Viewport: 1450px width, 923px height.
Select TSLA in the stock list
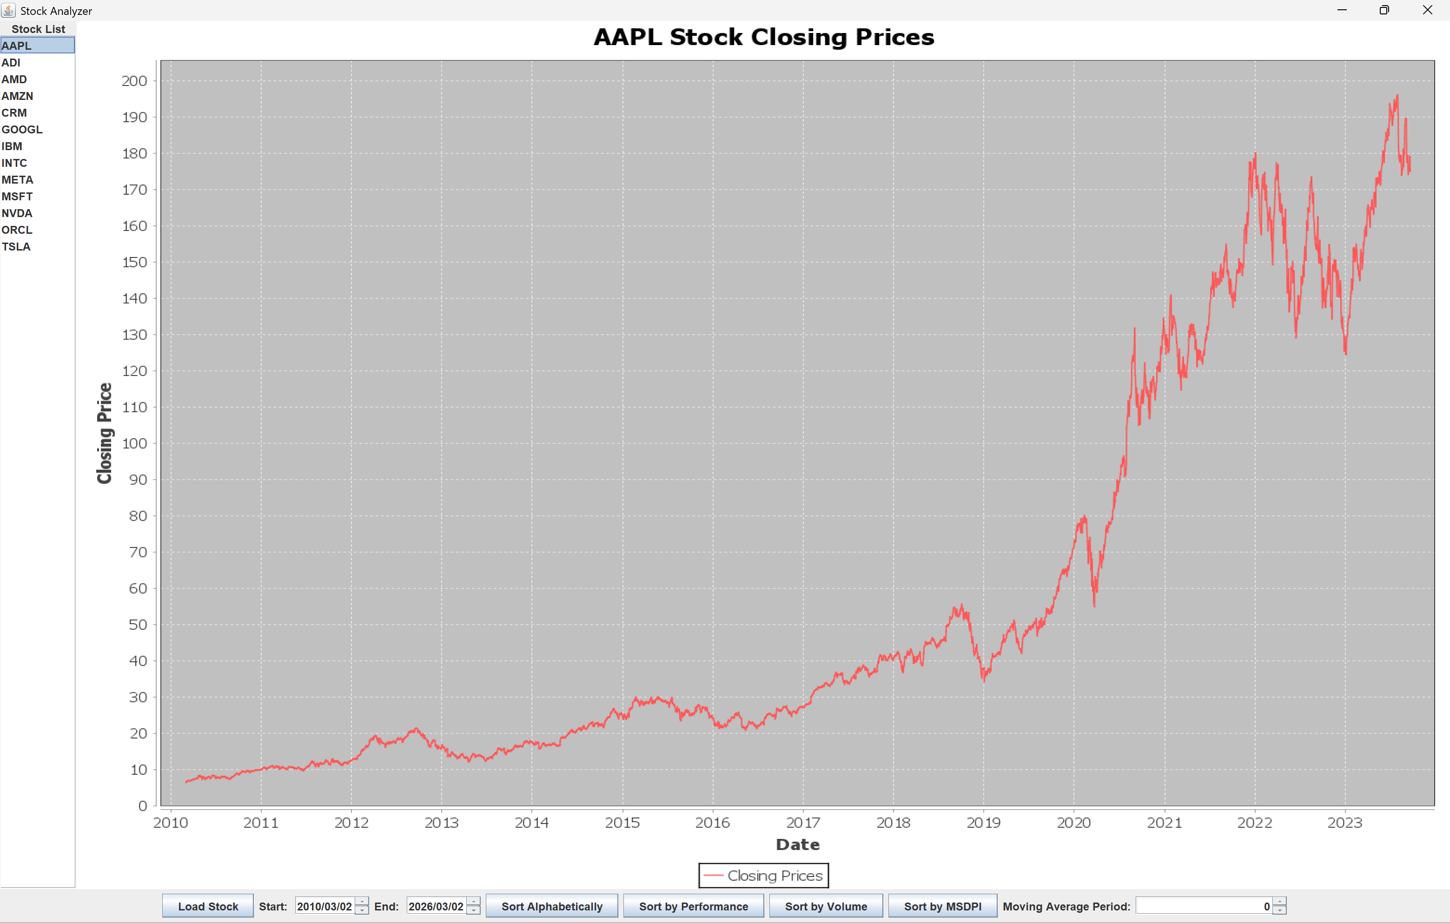16,247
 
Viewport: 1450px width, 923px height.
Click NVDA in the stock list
17,213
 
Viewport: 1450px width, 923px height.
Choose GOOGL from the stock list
22,130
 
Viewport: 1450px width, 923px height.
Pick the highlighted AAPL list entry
17,46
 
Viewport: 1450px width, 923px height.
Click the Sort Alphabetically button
551,906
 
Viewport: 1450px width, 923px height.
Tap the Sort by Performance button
693,906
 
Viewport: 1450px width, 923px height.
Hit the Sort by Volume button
826,906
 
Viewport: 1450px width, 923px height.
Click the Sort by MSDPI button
942,906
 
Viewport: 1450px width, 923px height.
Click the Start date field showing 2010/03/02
324,906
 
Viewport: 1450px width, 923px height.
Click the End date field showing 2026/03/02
436,906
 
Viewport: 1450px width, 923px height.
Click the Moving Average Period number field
1203,906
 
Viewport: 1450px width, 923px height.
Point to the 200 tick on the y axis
134,81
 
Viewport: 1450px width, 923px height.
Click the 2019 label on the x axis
983,823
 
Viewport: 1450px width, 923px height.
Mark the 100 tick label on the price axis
134,444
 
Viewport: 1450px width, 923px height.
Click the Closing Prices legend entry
763,876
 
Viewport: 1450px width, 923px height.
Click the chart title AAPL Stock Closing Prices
763,37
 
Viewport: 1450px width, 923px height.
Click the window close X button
1427,10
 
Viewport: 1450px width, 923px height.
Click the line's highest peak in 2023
1397,96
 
